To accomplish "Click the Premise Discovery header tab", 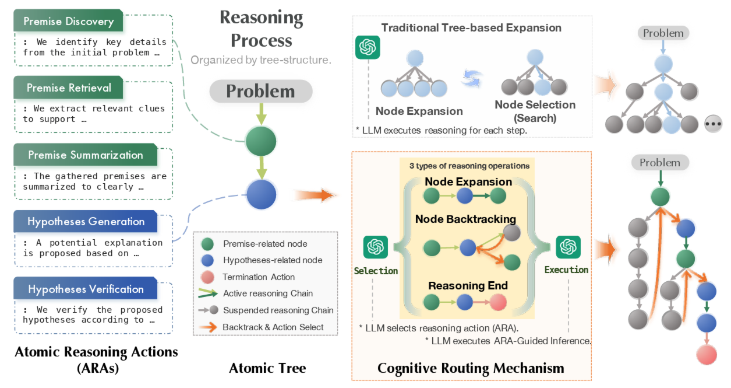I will pos(68,22).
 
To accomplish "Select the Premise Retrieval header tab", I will pos(68,88).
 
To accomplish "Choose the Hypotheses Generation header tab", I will pos(86,222).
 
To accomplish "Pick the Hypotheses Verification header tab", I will pos(86,289).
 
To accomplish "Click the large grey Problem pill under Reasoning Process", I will pos(260,92).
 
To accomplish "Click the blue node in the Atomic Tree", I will pos(261,194).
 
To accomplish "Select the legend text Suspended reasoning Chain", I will pos(278,310).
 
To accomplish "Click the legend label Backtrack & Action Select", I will pos(273,327).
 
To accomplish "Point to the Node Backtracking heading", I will pos(465,219).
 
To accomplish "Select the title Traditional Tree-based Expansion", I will pos(471,27).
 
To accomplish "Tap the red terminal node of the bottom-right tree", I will pos(707,355).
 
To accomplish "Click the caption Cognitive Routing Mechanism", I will pos(471,368).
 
